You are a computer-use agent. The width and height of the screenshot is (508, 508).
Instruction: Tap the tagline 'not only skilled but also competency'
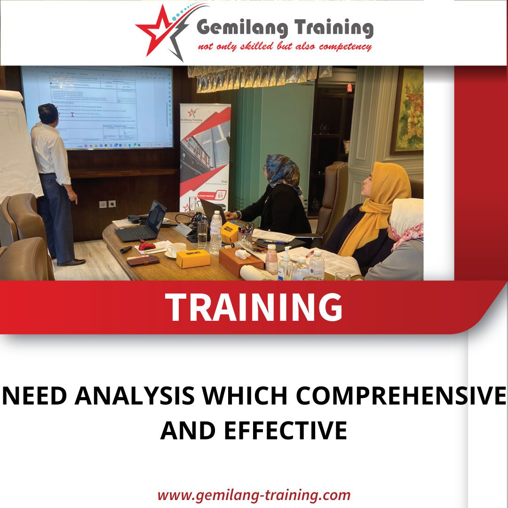(x=285, y=47)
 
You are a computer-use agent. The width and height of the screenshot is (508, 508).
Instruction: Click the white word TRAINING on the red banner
(x=254, y=307)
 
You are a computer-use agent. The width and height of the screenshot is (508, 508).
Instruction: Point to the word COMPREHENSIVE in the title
(x=400, y=396)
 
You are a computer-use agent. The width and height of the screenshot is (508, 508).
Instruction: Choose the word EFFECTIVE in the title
(x=286, y=430)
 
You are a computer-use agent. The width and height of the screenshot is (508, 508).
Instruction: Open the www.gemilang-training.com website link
(x=254, y=495)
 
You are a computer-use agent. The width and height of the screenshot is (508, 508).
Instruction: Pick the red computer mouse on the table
(x=146, y=246)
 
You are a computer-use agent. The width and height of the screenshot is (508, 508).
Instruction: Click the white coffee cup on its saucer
(x=176, y=250)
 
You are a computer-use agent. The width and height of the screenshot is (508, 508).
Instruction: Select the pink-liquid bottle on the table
(x=271, y=260)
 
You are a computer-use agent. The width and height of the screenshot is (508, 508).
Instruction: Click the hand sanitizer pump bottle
(x=285, y=266)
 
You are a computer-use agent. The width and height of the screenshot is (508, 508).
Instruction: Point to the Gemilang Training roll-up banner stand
(x=205, y=155)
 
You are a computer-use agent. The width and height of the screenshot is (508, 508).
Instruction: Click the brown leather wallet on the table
(x=143, y=260)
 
